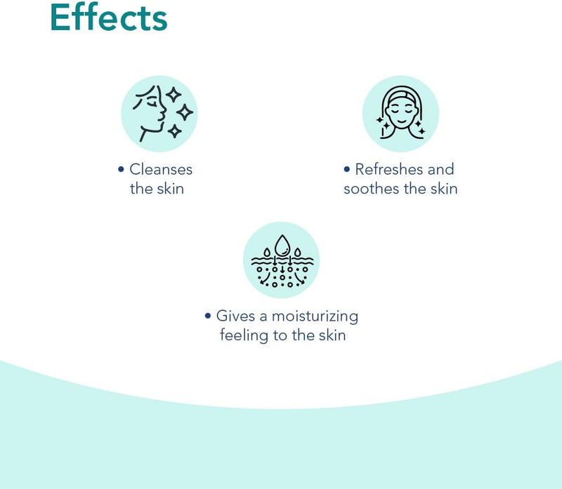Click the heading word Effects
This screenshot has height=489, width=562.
point(109,17)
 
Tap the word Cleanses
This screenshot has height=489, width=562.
point(161,169)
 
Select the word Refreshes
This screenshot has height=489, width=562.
point(389,169)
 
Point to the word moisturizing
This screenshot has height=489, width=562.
point(315,317)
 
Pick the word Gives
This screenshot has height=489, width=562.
point(236,316)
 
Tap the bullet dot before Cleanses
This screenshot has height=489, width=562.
point(121,169)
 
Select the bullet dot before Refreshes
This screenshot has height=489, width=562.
point(346,169)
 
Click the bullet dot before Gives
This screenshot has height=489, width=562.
point(208,316)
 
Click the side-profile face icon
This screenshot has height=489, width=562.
point(159,114)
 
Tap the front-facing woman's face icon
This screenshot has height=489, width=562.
point(400,114)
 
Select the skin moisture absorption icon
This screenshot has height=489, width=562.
point(282,260)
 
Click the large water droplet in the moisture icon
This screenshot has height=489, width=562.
point(282,246)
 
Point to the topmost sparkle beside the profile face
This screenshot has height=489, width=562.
point(174,95)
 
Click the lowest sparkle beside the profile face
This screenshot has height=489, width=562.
point(174,131)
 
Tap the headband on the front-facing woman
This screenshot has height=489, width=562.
point(400,95)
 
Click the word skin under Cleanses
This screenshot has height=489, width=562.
point(170,189)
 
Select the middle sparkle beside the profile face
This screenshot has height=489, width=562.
point(185,112)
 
